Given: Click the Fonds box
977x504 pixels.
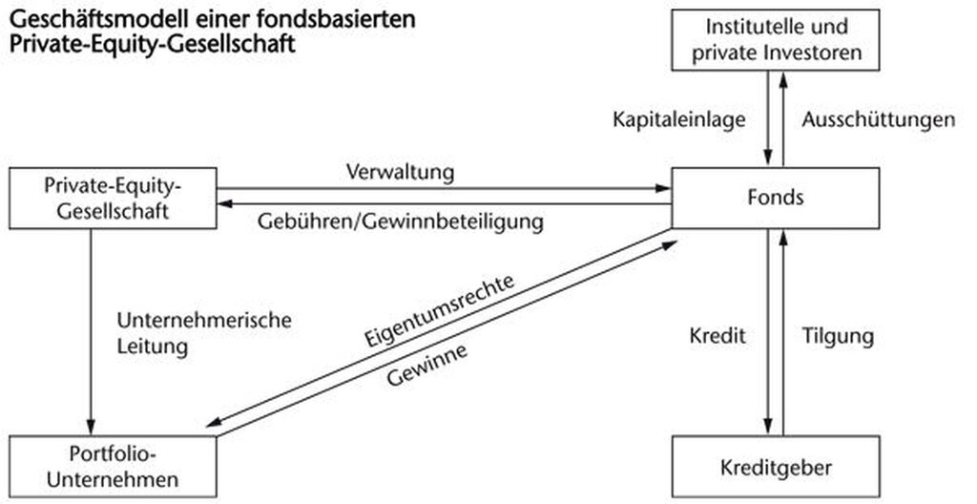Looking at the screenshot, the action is point(776,198).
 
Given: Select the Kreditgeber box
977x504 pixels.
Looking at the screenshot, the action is point(776,467).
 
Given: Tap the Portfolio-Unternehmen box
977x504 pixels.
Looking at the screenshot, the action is point(113,467).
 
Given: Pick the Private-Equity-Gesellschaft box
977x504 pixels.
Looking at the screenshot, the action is point(113,198).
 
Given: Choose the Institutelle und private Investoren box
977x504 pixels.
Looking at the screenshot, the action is point(776,39).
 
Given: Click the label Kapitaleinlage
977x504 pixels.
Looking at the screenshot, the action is point(679,119).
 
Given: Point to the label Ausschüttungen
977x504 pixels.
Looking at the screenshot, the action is point(879,119).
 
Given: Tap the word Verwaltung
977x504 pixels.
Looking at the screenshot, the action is point(400,172).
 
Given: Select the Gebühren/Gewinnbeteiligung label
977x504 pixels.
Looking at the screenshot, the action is point(400,220).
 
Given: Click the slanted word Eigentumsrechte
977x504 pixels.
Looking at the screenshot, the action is point(440,310).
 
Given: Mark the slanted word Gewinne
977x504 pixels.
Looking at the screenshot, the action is point(426,366).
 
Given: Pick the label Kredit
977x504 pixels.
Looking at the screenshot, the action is point(717,336).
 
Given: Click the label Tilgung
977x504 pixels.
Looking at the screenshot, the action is point(838,337).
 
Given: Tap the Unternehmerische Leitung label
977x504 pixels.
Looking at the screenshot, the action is point(204,333).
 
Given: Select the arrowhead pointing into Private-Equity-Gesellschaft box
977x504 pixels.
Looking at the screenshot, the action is point(224,203).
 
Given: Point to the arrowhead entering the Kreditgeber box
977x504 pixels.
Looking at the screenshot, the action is point(768,428).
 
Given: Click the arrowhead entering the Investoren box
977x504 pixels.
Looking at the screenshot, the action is point(783,79).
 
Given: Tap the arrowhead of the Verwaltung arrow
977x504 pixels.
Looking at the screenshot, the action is point(664,188).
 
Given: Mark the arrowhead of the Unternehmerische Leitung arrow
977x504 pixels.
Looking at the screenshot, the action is point(91,428).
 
